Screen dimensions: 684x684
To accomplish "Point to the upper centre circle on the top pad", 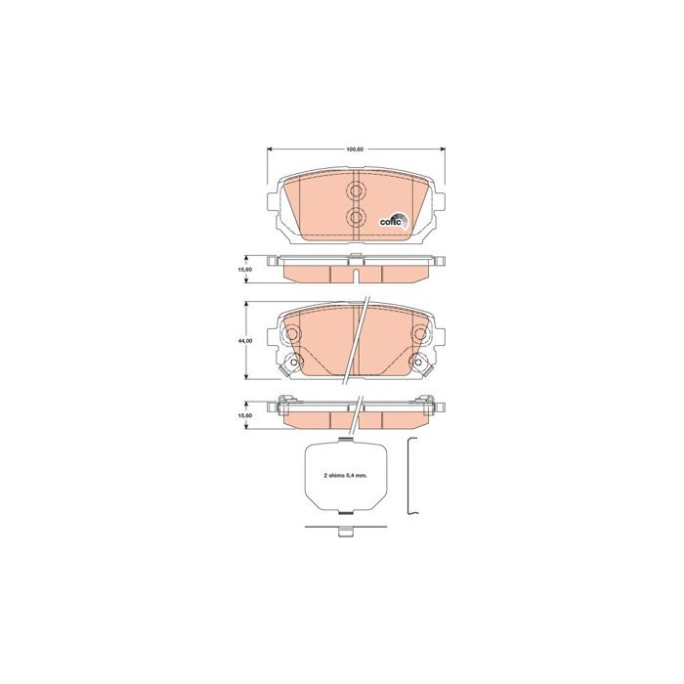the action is coord(356,191).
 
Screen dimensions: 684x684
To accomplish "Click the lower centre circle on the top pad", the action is coord(356,216).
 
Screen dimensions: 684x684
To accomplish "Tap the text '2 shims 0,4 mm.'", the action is coord(346,476).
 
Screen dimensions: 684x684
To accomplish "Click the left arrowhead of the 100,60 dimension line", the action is coord(269,150).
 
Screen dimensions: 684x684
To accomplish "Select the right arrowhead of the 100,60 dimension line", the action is coord(443,150).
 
